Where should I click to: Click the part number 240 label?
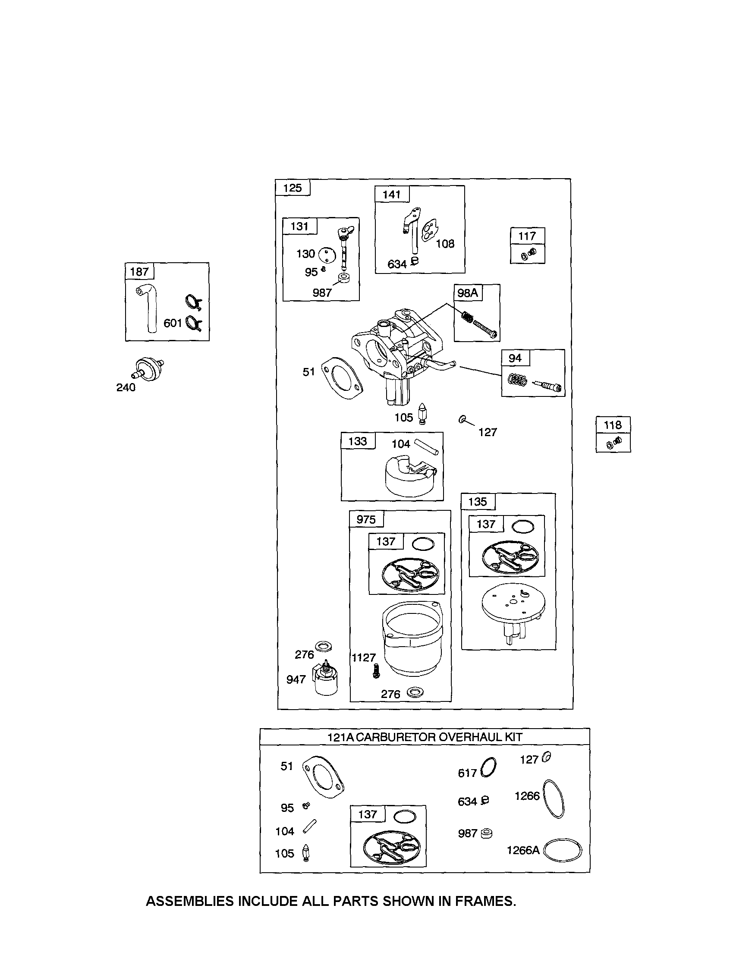coord(126,387)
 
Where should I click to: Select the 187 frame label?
coord(139,272)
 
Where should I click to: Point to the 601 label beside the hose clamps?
coord(173,324)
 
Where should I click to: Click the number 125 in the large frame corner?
coord(293,188)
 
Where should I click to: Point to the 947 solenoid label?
coord(296,679)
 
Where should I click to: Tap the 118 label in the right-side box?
coord(613,425)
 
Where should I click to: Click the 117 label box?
coord(527,236)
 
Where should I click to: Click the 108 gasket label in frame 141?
coord(445,244)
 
